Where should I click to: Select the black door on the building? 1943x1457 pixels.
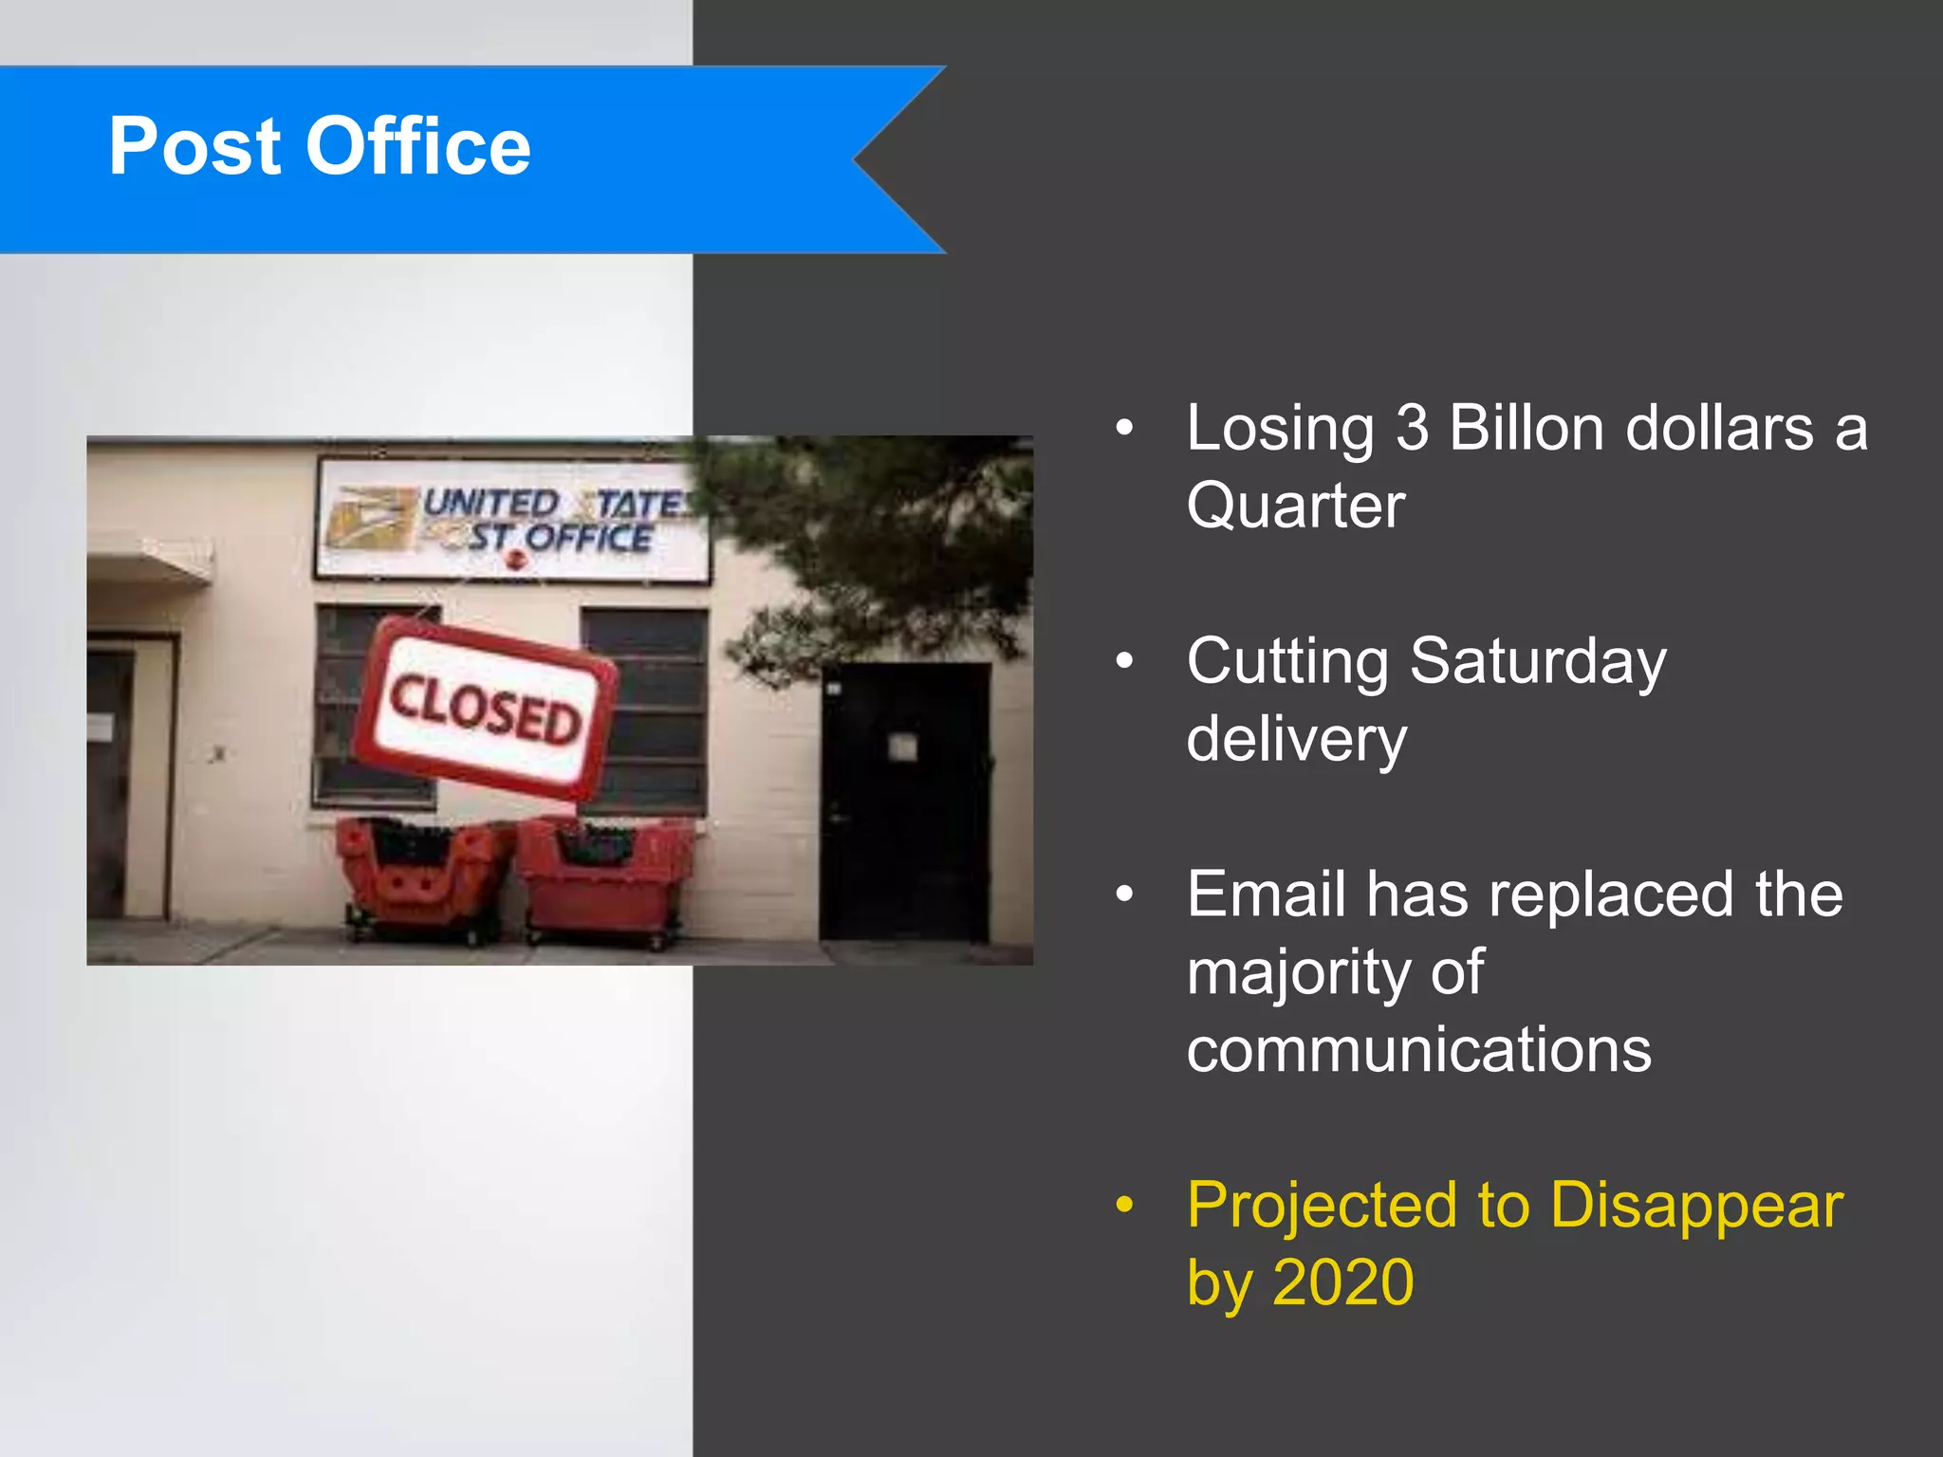click(903, 802)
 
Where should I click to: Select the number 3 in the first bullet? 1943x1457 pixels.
click(1412, 429)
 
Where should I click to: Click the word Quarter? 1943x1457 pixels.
click(1295, 506)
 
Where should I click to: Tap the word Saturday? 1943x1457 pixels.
click(1537, 661)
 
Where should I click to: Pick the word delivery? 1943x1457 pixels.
click(1296, 739)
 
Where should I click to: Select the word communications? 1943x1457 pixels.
click(1418, 1050)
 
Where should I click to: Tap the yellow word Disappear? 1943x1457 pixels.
click(1695, 1206)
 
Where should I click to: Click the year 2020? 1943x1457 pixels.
click(1342, 1282)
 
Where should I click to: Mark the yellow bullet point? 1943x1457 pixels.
click(1125, 1205)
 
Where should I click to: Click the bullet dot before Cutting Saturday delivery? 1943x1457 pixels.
click(1125, 661)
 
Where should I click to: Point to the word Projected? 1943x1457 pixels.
click(1321, 1206)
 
